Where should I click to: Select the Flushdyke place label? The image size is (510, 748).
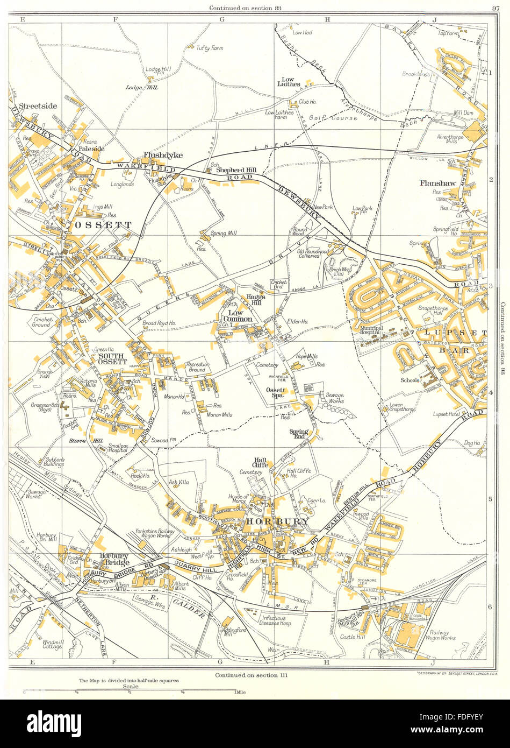tap(162, 155)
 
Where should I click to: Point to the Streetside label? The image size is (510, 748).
tap(38, 106)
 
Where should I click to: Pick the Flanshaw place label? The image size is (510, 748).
tap(437, 183)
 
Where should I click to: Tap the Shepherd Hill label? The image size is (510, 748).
tap(236, 171)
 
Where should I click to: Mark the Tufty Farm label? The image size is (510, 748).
tap(198, 48)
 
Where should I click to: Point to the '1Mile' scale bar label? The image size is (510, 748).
tap(240, 691)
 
